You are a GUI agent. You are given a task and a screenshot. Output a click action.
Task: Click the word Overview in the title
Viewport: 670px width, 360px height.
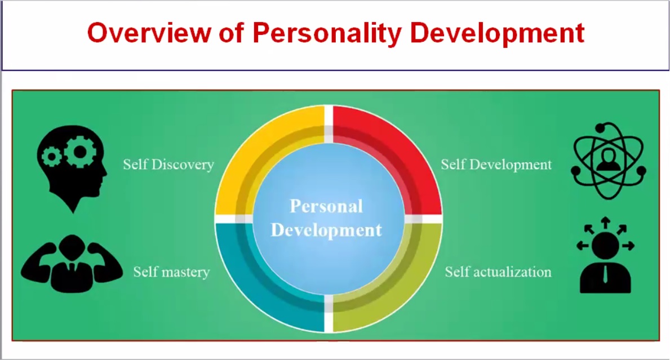149,33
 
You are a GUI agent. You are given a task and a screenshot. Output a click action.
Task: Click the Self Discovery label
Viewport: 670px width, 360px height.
168,165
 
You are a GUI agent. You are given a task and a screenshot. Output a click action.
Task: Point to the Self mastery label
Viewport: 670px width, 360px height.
171,272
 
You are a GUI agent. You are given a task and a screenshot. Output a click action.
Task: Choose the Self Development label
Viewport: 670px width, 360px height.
496,165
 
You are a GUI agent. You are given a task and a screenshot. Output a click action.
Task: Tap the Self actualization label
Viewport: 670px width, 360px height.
498,272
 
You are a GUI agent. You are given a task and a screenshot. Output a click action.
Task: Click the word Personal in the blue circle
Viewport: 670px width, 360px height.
326,206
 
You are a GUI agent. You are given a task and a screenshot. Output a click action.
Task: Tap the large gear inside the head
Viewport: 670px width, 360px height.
80,151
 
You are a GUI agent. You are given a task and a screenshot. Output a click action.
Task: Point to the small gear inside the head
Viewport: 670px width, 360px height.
52,157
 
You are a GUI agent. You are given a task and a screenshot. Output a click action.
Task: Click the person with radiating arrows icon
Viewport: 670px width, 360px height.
605,255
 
